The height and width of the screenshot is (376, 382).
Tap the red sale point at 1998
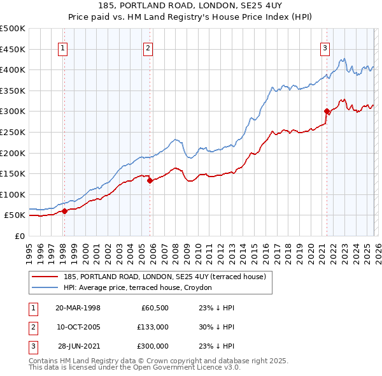point(64,211)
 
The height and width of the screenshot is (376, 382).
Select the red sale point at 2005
point(150,180)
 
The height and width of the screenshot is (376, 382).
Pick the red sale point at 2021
point(327,111)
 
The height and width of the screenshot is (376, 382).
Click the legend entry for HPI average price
point(141,288)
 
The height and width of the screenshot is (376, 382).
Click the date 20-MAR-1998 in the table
point(78,308)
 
